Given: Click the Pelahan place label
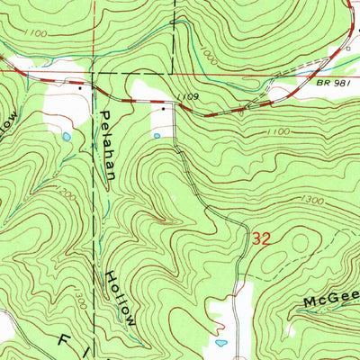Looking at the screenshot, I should pyautogui.click(x=108, y=144).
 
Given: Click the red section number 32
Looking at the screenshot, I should pyautogui.click(x=261, y=240).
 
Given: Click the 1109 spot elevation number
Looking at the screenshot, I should pyautogui.click(x=187, y=95).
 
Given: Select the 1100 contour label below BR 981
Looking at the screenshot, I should pyautogui.click(x=280, y=132).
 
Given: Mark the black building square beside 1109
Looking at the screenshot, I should pyautogui.click(x=163, y=108).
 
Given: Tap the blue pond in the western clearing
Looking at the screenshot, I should pyautogui.click(x=65, y=137).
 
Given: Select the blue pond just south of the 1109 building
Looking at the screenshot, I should pyautogui.click(x=159, y=136).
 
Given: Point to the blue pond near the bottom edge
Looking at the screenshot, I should pyautogui.click(x=221, y=343).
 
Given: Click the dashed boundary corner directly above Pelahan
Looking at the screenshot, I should pyautogui.click(x=94, y=72).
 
